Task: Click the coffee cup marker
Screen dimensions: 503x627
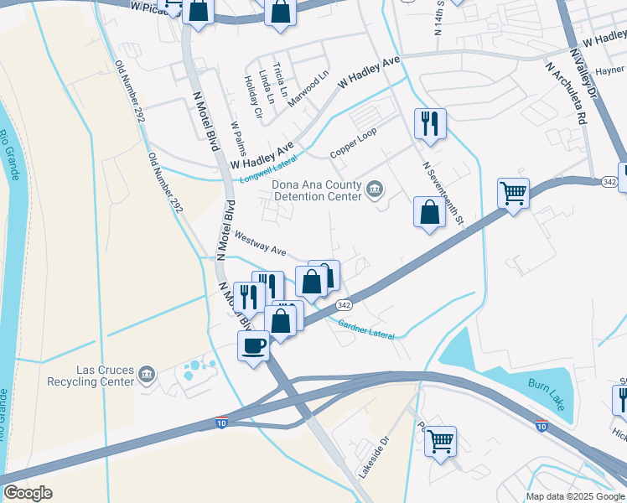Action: [254, 345]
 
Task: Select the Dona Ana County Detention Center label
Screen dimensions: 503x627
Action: [316, 190]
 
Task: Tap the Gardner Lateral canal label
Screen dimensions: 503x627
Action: [371, 328]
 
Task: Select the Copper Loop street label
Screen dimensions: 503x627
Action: [354, 143]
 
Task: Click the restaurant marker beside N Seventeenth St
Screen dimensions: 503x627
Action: [429, 124]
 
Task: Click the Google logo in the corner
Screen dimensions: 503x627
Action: [28, 494]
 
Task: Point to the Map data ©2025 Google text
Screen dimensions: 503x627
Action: [575, 496]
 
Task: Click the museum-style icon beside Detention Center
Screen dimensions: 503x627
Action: [375, 190]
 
